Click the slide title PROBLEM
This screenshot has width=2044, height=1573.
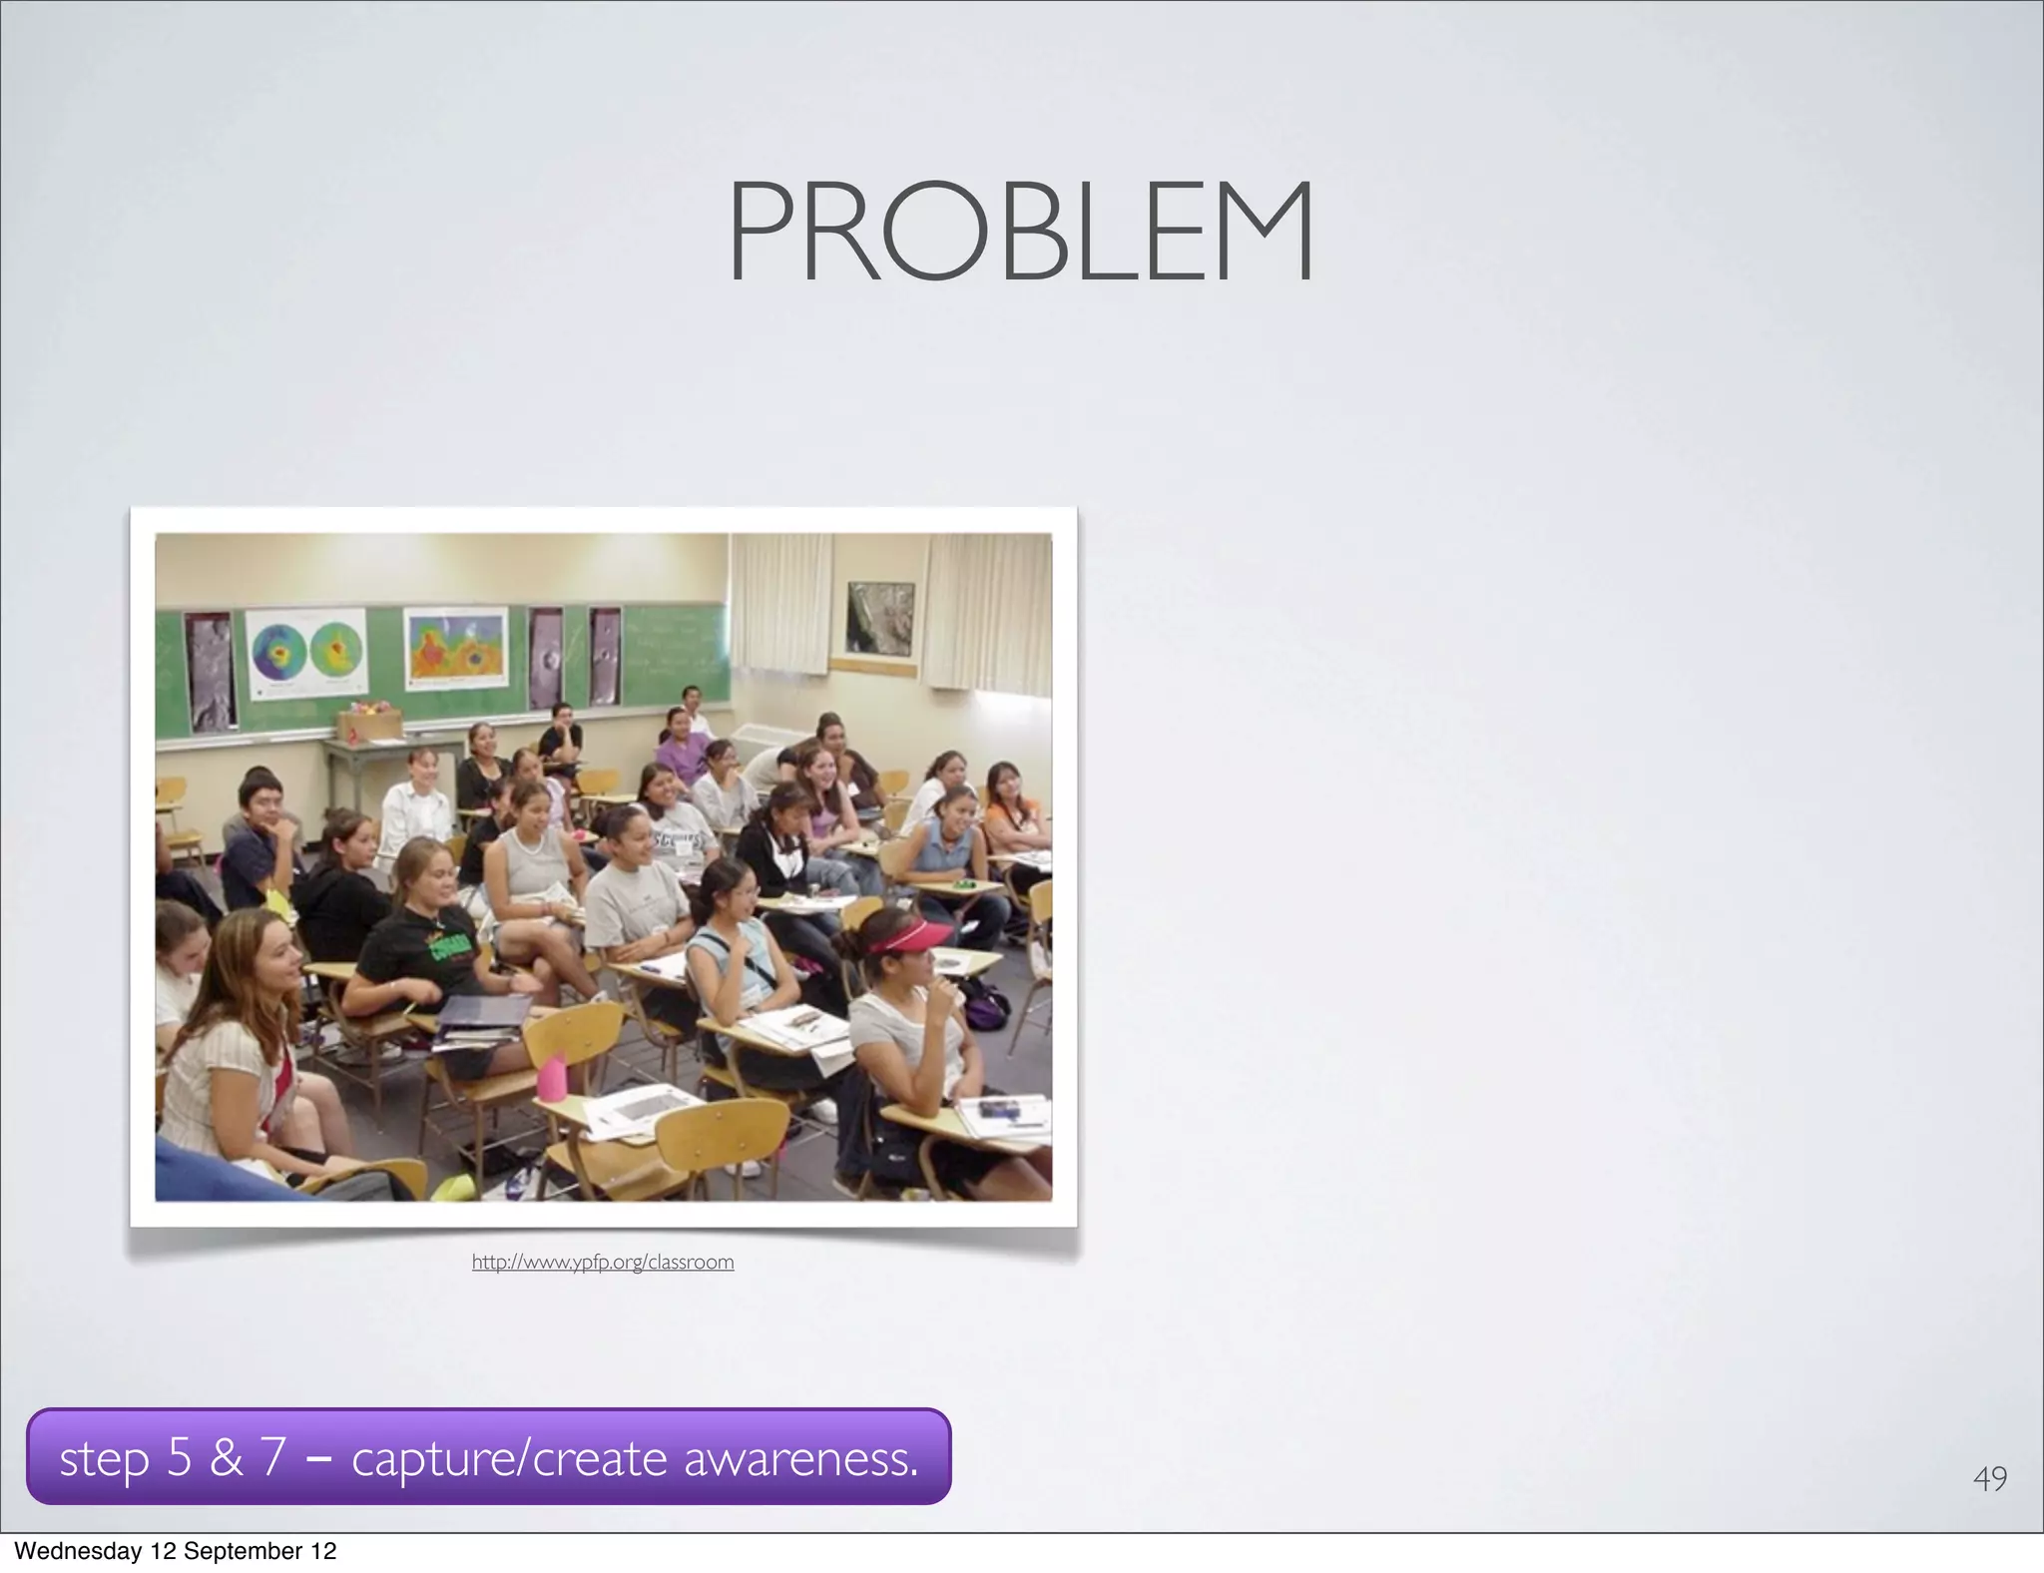point(1020,232)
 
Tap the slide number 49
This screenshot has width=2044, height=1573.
point(1989,1478)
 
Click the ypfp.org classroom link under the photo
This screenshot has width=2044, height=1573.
point(603,1263)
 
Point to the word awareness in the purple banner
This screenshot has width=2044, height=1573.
point(800,1458)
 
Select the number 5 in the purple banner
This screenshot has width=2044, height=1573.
point(179,1457)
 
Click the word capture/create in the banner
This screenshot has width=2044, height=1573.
point(509,1458)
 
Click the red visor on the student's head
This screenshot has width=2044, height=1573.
point(895,935)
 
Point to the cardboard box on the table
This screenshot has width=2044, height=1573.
point(369,725)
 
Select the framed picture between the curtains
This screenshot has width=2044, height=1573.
point(879,618)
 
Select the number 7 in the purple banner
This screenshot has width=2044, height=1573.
point(272,1457)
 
